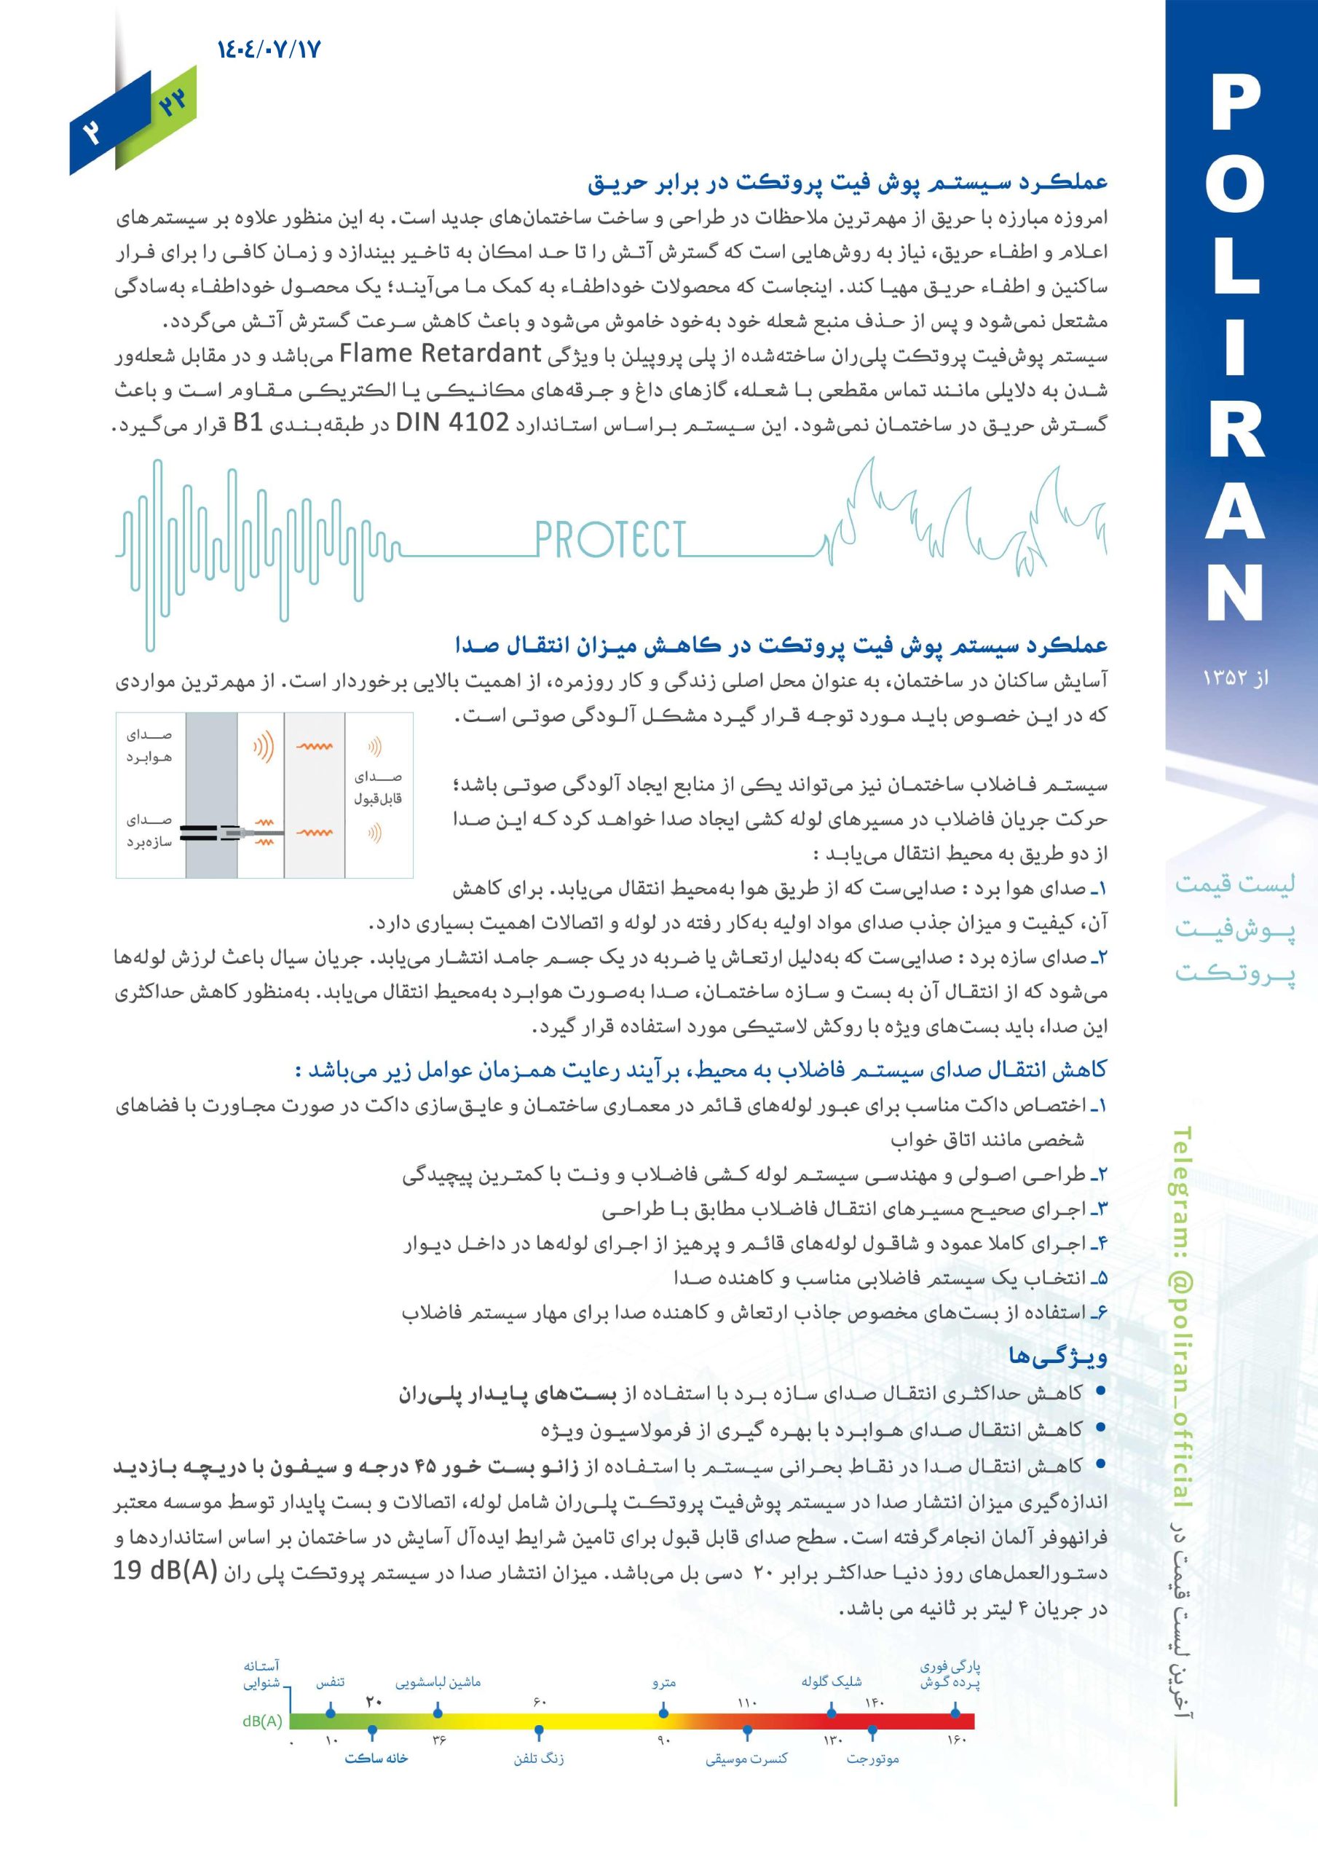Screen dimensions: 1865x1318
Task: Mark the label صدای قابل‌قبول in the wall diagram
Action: pos(378,788)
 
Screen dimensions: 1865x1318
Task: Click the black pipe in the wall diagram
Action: pos(203,832)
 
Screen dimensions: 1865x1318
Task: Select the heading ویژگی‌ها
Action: pos(1057,1355)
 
